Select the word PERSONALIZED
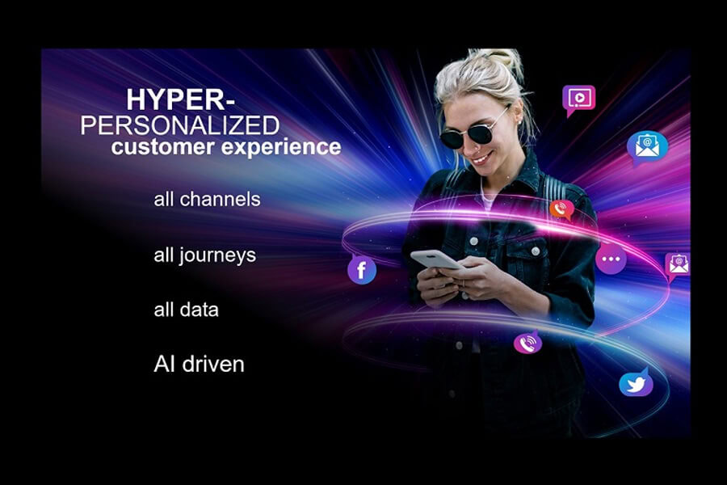tap(185, 124)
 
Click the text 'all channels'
tap(207, 199)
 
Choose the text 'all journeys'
tap(204, 255)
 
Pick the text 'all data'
tap(186, 310)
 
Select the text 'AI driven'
tap(199, 364)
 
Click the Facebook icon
tap(362, 269)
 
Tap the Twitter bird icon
tap(636, 383)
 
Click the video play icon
tap(578, 99)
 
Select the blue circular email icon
tap(647, 146)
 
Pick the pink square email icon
tap(678, 264)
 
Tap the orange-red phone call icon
tap(561, 209)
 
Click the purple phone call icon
tap(528, 343)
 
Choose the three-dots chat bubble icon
tap(611, 259)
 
